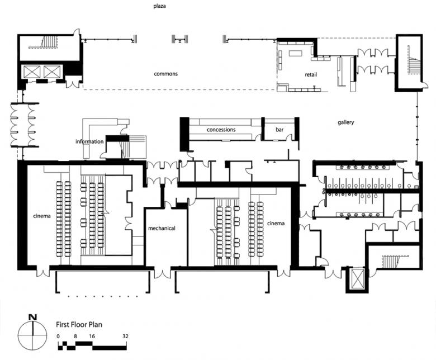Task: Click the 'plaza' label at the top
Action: pos(160,6)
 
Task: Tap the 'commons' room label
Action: pos(165,74)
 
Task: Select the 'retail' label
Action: pos(311,74)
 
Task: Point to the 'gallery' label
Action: pos(346,122)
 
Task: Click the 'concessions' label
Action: pos(221,130)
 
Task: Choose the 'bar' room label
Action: pos(279,130)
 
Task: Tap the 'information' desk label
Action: pos(89,141)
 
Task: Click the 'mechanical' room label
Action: pos(162,228)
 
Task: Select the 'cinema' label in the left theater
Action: pos(42,216)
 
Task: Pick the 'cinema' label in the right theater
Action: pos(276,223)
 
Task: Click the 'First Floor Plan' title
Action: pos(79,324)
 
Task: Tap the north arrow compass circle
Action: pos(32,336)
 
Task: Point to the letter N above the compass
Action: pos(33,317)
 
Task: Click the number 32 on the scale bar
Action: pos(125,336)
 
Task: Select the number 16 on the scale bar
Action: pos(92,336)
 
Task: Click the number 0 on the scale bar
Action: pos(58,336)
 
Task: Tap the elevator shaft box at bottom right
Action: pos(357,279)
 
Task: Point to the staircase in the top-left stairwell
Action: pos(48,42)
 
